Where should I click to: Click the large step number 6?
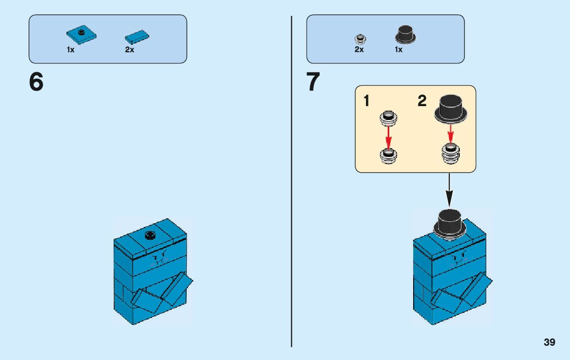click(36, 82)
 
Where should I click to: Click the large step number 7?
click(313, 82)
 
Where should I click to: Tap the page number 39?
click(549, 342)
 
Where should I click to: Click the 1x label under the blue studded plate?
click(71, 50)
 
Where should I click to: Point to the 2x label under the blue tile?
click(129, 50)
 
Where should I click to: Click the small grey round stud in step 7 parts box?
click(359, 38)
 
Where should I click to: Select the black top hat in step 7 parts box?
click(405, 35)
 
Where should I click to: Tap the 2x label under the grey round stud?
click(359, 50)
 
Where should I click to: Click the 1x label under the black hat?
click(398, 50)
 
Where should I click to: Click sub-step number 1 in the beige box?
click(366, 101)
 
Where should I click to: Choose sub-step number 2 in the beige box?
click(422, 101)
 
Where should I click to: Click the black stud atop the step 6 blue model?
click(150, 234)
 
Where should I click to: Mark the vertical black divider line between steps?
click(291, 183)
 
